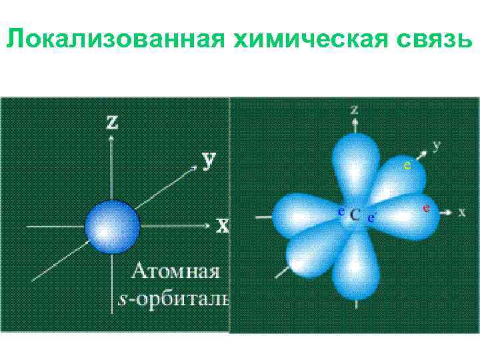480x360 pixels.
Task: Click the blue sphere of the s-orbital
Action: click(112, 226)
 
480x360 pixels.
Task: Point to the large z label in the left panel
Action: click(113, 123)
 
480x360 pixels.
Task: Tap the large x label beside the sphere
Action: click(222, 225)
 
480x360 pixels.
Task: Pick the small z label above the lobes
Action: click(354, 109)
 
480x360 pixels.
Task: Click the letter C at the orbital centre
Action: click(355, 214)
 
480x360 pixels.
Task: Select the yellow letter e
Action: click(407, 164)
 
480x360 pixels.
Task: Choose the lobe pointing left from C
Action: click(303, 213)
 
